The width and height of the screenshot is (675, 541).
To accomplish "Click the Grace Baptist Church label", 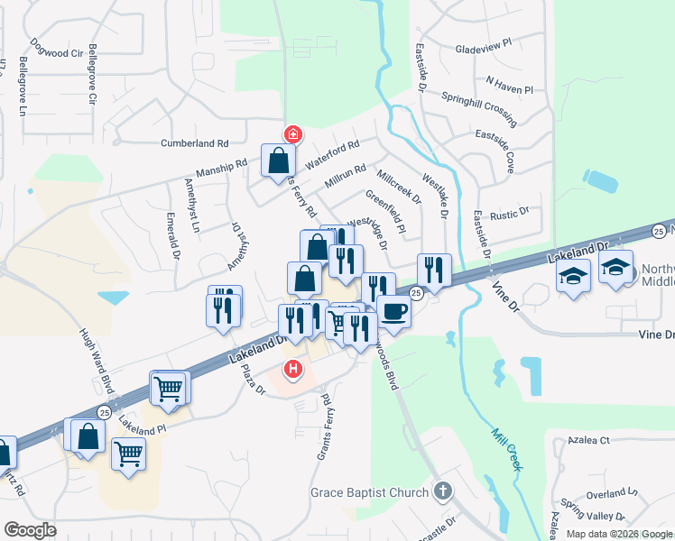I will pos(369,492).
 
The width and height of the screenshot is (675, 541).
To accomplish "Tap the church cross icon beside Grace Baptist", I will pos(441,491).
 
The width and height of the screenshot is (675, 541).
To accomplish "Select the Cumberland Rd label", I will pos(195,143).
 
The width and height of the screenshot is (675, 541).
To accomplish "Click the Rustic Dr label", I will pos(510,214).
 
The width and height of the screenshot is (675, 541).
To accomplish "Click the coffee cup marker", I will pos(393,312).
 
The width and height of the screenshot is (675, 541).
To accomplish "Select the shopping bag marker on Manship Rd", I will pos(278,161).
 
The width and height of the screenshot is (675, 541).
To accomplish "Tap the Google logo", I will pos(30,529).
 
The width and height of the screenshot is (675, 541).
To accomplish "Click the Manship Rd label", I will pos(221,170).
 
